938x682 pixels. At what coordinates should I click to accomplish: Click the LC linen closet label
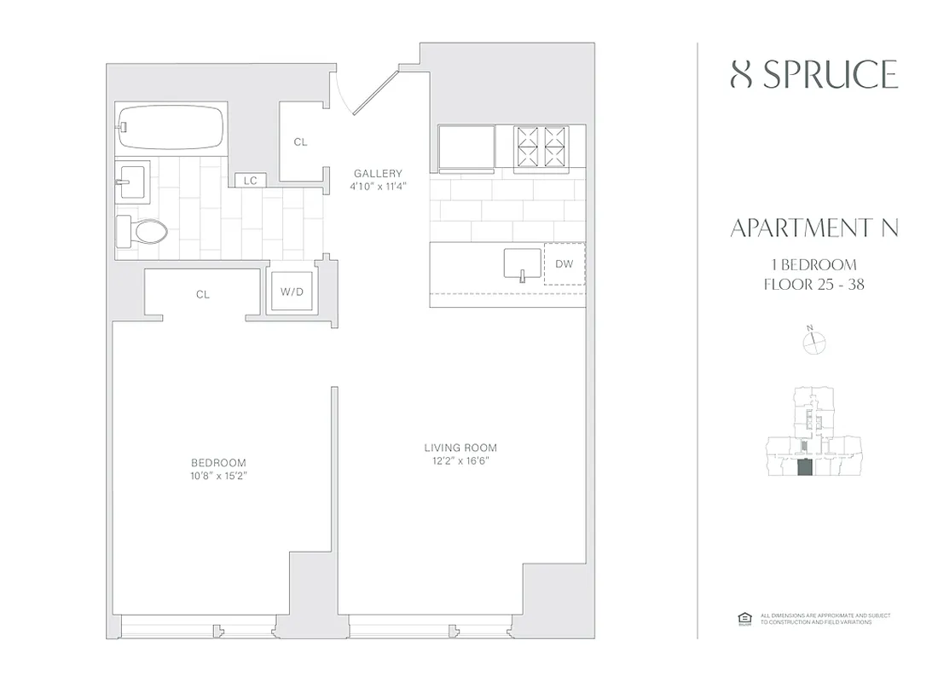(x=251, y=180)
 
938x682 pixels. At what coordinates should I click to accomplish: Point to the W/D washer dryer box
(x=291, y=292)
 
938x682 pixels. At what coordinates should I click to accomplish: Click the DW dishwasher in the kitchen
(x=564, y=264)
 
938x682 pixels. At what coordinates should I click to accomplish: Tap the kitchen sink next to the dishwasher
(x=521, y=263)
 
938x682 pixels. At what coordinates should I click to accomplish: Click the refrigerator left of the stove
(x=466, y=147)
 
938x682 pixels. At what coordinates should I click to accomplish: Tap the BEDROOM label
(x=218, y=462)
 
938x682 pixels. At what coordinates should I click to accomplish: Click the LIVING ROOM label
(x=460, y=448)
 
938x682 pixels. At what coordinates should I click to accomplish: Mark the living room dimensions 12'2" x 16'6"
(x=460, y=461)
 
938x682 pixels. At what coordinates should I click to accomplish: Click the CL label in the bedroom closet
(x=202, y=294)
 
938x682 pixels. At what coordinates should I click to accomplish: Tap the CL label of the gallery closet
(x=300, y=142)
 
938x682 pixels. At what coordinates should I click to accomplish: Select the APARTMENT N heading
(x=814, y=228)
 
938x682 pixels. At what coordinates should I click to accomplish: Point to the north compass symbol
(x=815, y=341)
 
